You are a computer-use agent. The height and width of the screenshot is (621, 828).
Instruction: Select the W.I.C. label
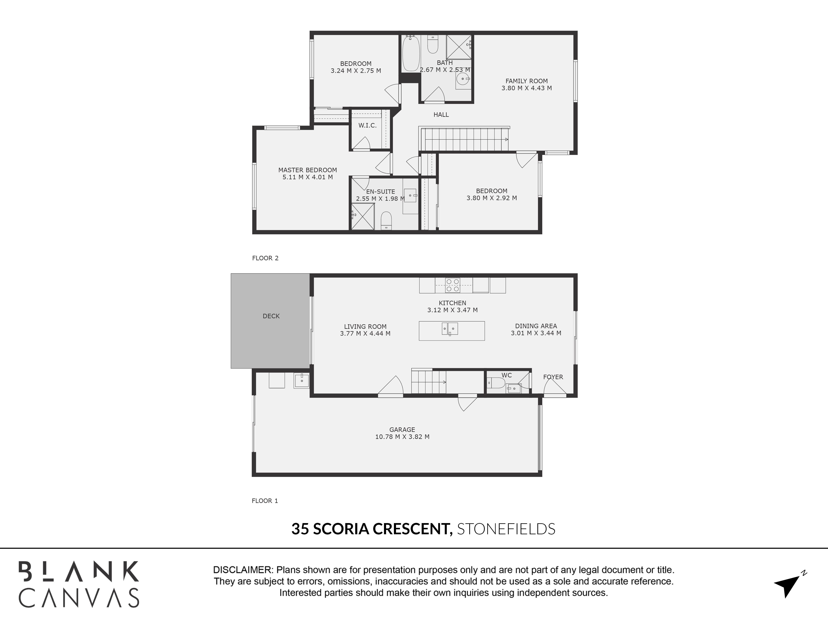[x=367, y=125]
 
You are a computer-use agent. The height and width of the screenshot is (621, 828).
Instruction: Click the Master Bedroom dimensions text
[x=307, y=177]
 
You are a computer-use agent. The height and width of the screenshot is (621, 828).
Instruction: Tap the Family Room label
[x=526, y=81]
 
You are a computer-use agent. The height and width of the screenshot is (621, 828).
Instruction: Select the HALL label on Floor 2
[x=441, y=114]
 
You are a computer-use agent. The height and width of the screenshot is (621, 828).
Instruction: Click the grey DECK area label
[x=271, y=316]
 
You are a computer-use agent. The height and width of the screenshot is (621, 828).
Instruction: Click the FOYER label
[x=553, y=377]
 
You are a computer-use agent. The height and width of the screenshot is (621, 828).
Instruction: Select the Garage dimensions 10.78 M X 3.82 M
[x=402, y=436]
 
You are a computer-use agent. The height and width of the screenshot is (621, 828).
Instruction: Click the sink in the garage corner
[x=301, y=381]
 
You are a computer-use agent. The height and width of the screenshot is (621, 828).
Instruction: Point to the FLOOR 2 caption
[x=265, y=258]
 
